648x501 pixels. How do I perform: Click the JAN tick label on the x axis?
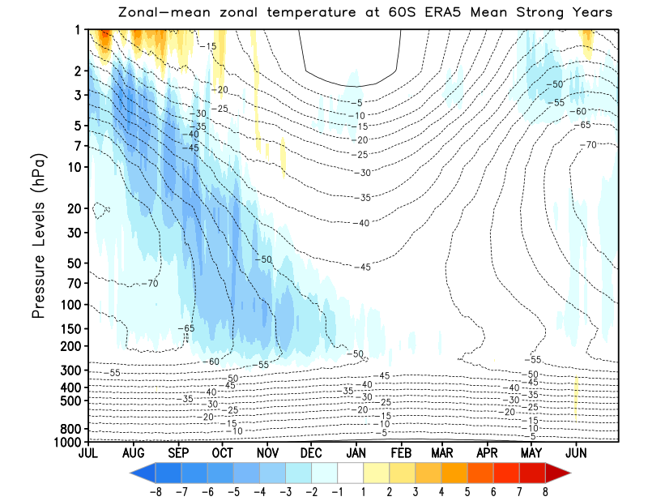point(354,453)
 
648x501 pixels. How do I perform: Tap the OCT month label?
point(222,453)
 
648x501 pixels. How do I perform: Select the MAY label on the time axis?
point(531,453)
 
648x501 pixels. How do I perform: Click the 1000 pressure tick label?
point(66,442)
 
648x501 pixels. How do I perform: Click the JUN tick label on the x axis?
point(577,453)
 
